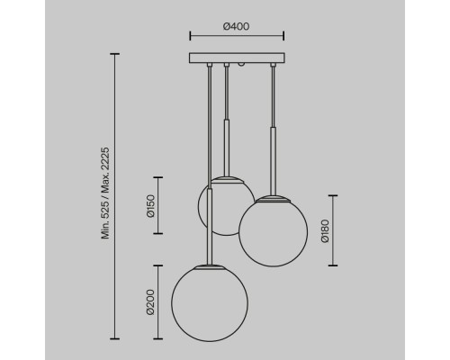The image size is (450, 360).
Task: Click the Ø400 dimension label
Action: point(236,26)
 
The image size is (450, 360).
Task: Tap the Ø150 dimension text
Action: point(150,206)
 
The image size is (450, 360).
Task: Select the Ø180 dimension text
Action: point(325,230)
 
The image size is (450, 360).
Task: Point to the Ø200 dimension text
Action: point(150,302)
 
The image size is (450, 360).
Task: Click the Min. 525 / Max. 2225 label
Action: point(105,193)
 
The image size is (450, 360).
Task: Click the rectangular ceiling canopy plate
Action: point(237,58)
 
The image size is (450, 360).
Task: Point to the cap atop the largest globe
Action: point(210,266)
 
